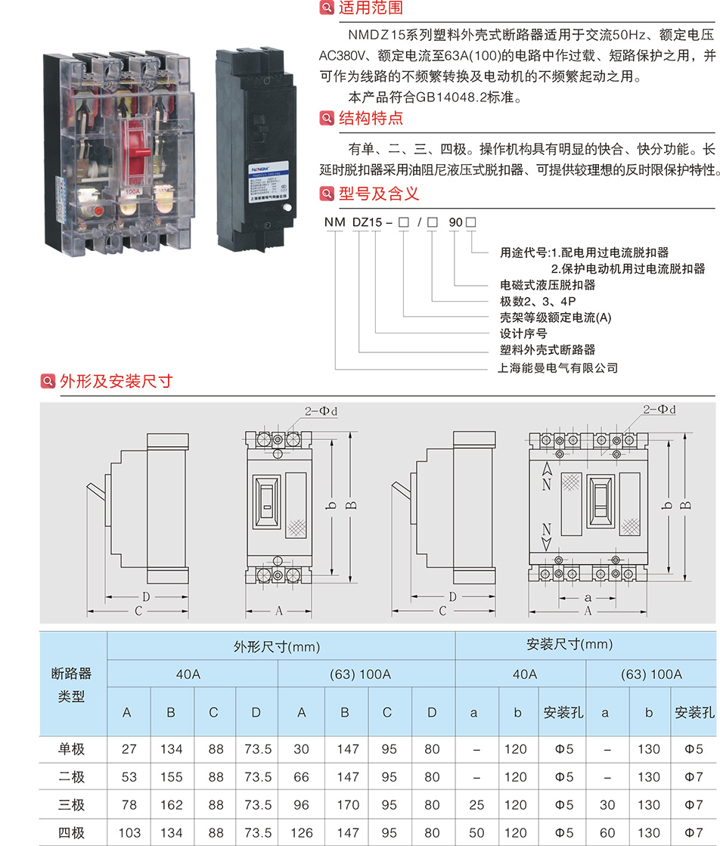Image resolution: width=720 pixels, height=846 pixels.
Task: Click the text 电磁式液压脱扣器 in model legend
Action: coord(548,285)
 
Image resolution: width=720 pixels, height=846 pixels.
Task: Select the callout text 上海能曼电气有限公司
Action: coord(559,368)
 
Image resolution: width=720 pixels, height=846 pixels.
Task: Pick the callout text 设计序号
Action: coord(523,333)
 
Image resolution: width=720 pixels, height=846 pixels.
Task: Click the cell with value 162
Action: coord(172,806)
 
